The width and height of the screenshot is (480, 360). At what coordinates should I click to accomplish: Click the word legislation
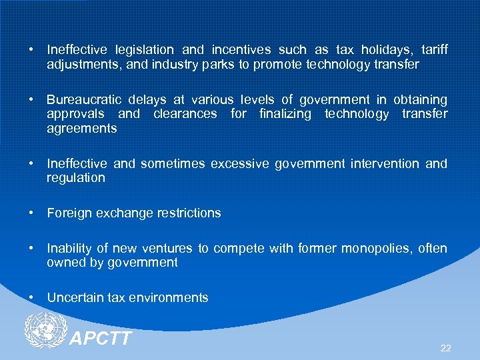click(x=144, y=50)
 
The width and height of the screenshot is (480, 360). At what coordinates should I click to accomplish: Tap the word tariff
click(x=434, y=50)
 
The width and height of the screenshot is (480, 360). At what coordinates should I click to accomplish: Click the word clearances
click(x=185, y=114)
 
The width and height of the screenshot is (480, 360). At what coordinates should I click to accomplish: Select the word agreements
click(x=82, y=128)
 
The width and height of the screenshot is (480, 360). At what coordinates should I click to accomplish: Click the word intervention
click(x=384, y=163)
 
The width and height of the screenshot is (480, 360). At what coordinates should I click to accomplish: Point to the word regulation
click(x=76, y=178)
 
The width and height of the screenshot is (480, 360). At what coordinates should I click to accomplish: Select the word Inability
click(x=70, y=249)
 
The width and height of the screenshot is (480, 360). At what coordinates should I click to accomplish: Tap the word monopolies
click(x=373, y=249)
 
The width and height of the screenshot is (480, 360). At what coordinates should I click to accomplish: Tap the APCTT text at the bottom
click(x=101, y=339)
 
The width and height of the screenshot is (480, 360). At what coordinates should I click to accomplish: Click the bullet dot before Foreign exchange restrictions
click(x=31, y=213)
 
